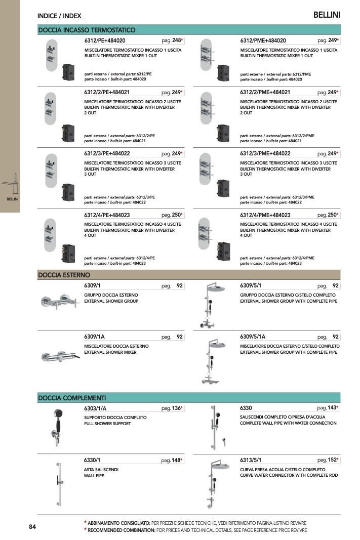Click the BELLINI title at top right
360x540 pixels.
pyautogui.click(x=327, y=15)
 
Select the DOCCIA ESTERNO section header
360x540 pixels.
pyautogui.click(x=64, y=275)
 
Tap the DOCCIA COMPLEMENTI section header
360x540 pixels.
pyautogui.click(x=72, y=398)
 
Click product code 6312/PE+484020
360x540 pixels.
pyautogui.click(x=105, y=40)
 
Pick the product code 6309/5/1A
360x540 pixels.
pyautogui.click(x=253, y=337)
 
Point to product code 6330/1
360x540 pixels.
pyautogui.click(x=92, y=460)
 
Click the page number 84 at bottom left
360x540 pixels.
pyautogui.click(x=32, y=526)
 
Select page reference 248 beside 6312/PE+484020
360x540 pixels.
pyautogui.click(x=177, y=40)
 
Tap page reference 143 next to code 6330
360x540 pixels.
pyautogui.click(x=332, y=408)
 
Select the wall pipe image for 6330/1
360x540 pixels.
pyautogui.click(x=59, y=484)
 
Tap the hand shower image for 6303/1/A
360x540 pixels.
pyautogui.click(x=57, y=427)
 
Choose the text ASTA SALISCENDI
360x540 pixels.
pyautogui.click(x=101, y=470)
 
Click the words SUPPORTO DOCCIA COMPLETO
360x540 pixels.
pyautogui.click(x=115, y=418)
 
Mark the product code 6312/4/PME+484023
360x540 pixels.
pyautogui.click(x=265, y=215)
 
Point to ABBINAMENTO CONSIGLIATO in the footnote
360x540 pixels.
pyautogui.click(x=119, y=523)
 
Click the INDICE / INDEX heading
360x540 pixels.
pyautogui.click(x=59, y=16)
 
